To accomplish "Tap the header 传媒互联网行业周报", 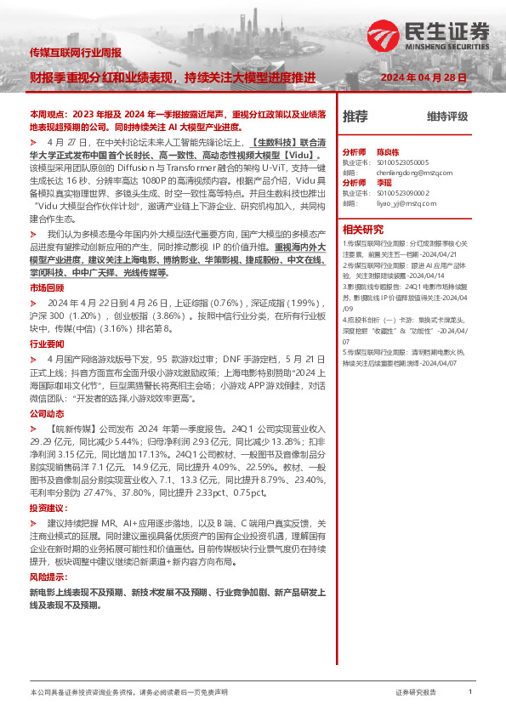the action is [x=76, y=52].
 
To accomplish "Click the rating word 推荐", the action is [x=355, y=116].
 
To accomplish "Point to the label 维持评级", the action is [x=447, y=116].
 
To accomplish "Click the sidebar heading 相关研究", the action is [x=363, y=229].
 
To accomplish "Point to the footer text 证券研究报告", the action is [x=417, y=693].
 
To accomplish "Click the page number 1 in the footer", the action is [x=469, y=692].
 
